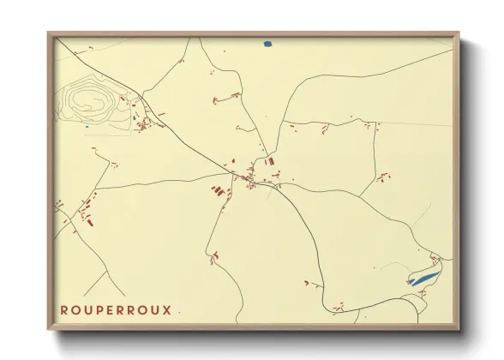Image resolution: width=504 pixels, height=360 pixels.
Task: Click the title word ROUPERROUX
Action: (116, 309)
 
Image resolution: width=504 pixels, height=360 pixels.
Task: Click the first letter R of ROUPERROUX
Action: (64, 309)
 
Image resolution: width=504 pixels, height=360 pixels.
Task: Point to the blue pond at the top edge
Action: (267, 43)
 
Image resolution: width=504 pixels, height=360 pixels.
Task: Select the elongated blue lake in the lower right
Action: (423, 279)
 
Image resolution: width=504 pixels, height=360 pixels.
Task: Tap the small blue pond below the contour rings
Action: (86, 127)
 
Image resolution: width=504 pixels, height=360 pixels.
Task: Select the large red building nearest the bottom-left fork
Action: (88, 220)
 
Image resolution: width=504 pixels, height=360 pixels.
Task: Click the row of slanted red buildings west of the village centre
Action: (219, 189)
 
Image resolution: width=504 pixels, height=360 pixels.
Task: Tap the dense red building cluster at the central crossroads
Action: (250, 179)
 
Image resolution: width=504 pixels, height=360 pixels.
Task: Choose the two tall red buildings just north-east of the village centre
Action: (270, 161)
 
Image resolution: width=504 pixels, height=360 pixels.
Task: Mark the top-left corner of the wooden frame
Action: (49, 33)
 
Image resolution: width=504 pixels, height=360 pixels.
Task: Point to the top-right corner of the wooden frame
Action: (459, 33)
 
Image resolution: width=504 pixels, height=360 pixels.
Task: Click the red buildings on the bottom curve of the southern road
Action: (340, 305)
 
